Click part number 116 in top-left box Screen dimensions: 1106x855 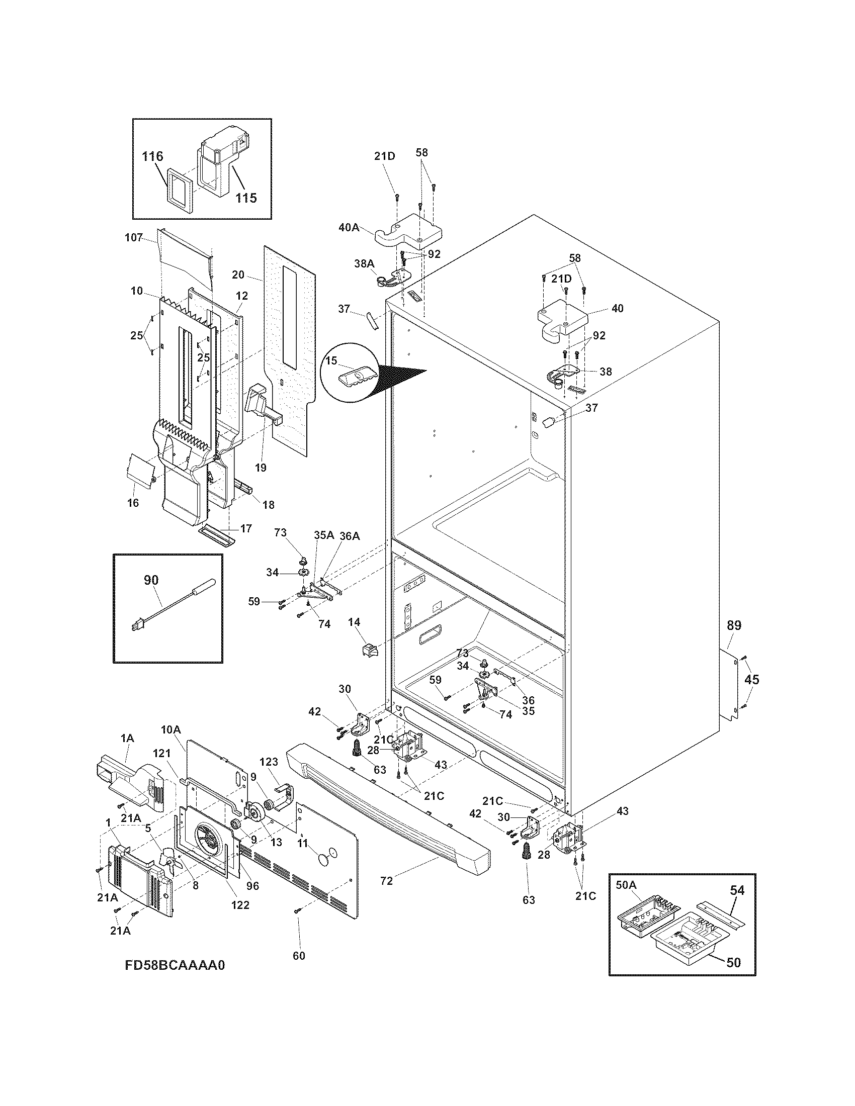[x=152, y=156]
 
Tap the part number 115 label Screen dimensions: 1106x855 [x=245, y=198]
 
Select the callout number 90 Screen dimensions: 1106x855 [x=151, y=580]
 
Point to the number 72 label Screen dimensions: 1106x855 [x=386, y=881]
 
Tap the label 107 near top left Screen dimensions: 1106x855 [x=134, y=237]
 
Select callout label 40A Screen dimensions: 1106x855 [x=349, y=227]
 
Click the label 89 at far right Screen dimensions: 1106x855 [x=734, y=625]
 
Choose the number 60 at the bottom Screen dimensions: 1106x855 [x=299, y=956]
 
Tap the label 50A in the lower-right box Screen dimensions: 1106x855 [x=626, y=885]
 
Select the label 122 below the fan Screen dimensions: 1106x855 [x=240, y=904]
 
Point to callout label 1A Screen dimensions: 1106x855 [x=127, y=739]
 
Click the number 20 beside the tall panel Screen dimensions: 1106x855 [x=238, y=275]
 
